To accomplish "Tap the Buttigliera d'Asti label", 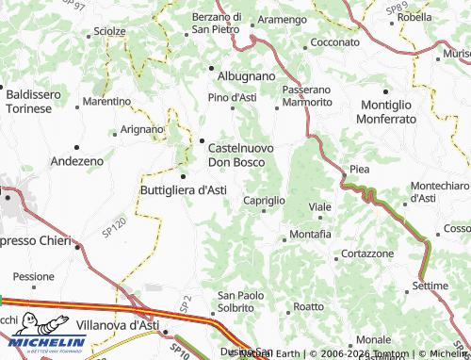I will [183, 189].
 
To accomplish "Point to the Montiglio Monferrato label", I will [399, 112].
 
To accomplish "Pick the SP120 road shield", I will [113, 227].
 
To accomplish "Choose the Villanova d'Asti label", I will [117, 324].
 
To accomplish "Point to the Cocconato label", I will [335, 43].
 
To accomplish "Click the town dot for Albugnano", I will [211, 68].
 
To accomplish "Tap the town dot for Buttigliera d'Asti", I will [183, 176].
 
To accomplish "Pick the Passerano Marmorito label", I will [307, 95].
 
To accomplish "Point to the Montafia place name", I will [311, 233].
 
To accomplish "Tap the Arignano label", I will [142, 129].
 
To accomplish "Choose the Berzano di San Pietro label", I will [217, 23].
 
